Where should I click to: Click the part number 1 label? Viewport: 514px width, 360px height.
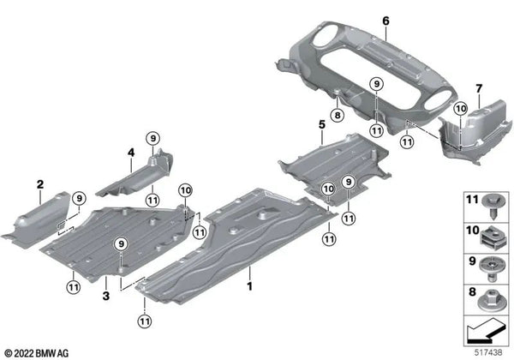[249, 279]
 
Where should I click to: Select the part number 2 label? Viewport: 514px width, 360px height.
[40, 183]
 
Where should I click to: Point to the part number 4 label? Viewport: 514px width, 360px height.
[132, 153]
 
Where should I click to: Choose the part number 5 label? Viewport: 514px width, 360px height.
[322, 125]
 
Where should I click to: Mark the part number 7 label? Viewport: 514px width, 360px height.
[479, 87]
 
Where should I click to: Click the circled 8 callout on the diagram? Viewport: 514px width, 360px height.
[338, 115]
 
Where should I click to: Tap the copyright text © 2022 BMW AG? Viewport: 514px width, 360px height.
[41, 351]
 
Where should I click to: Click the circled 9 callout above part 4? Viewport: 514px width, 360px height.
[152, 140]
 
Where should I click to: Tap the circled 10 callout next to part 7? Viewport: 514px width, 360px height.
[460, 109]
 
